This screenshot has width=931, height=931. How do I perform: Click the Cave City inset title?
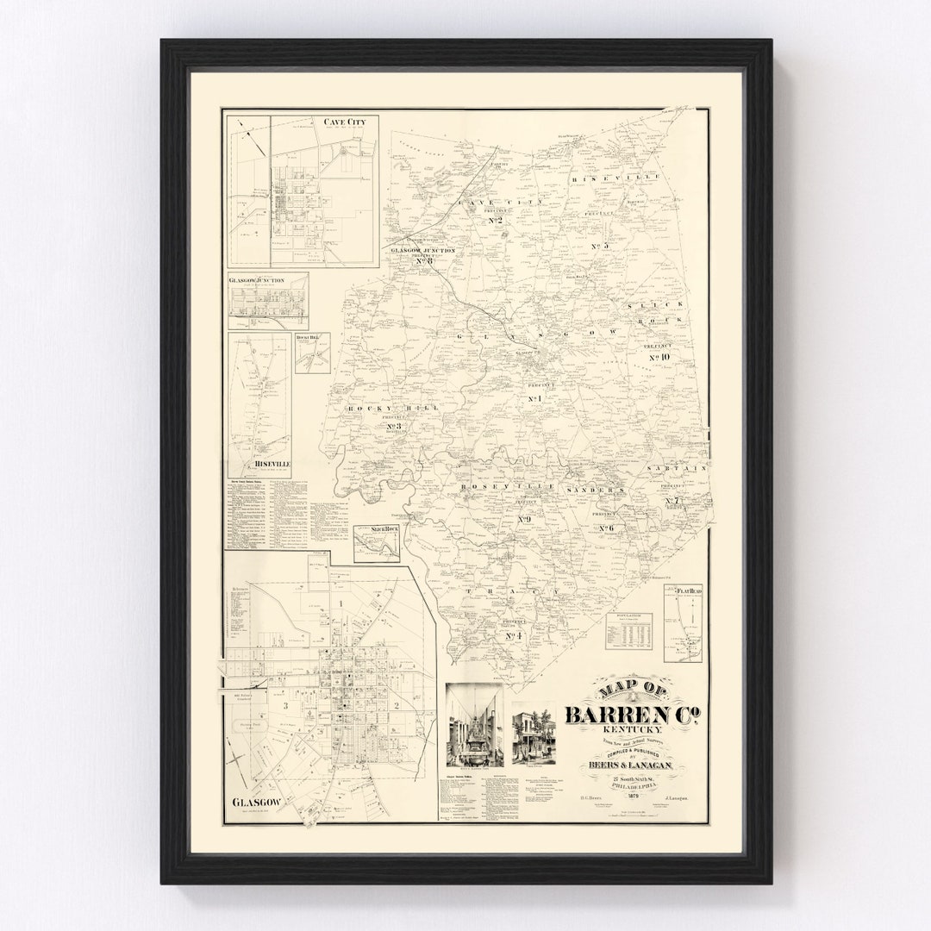pos(345,122)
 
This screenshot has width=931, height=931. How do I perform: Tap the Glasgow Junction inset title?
pos(257,280)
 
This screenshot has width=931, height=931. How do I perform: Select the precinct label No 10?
pos(659,357)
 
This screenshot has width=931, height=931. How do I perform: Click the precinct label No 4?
pos(515,635)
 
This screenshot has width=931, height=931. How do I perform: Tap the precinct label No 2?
pos(496,221)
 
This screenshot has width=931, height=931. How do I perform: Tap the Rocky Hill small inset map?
pos(311,353)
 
